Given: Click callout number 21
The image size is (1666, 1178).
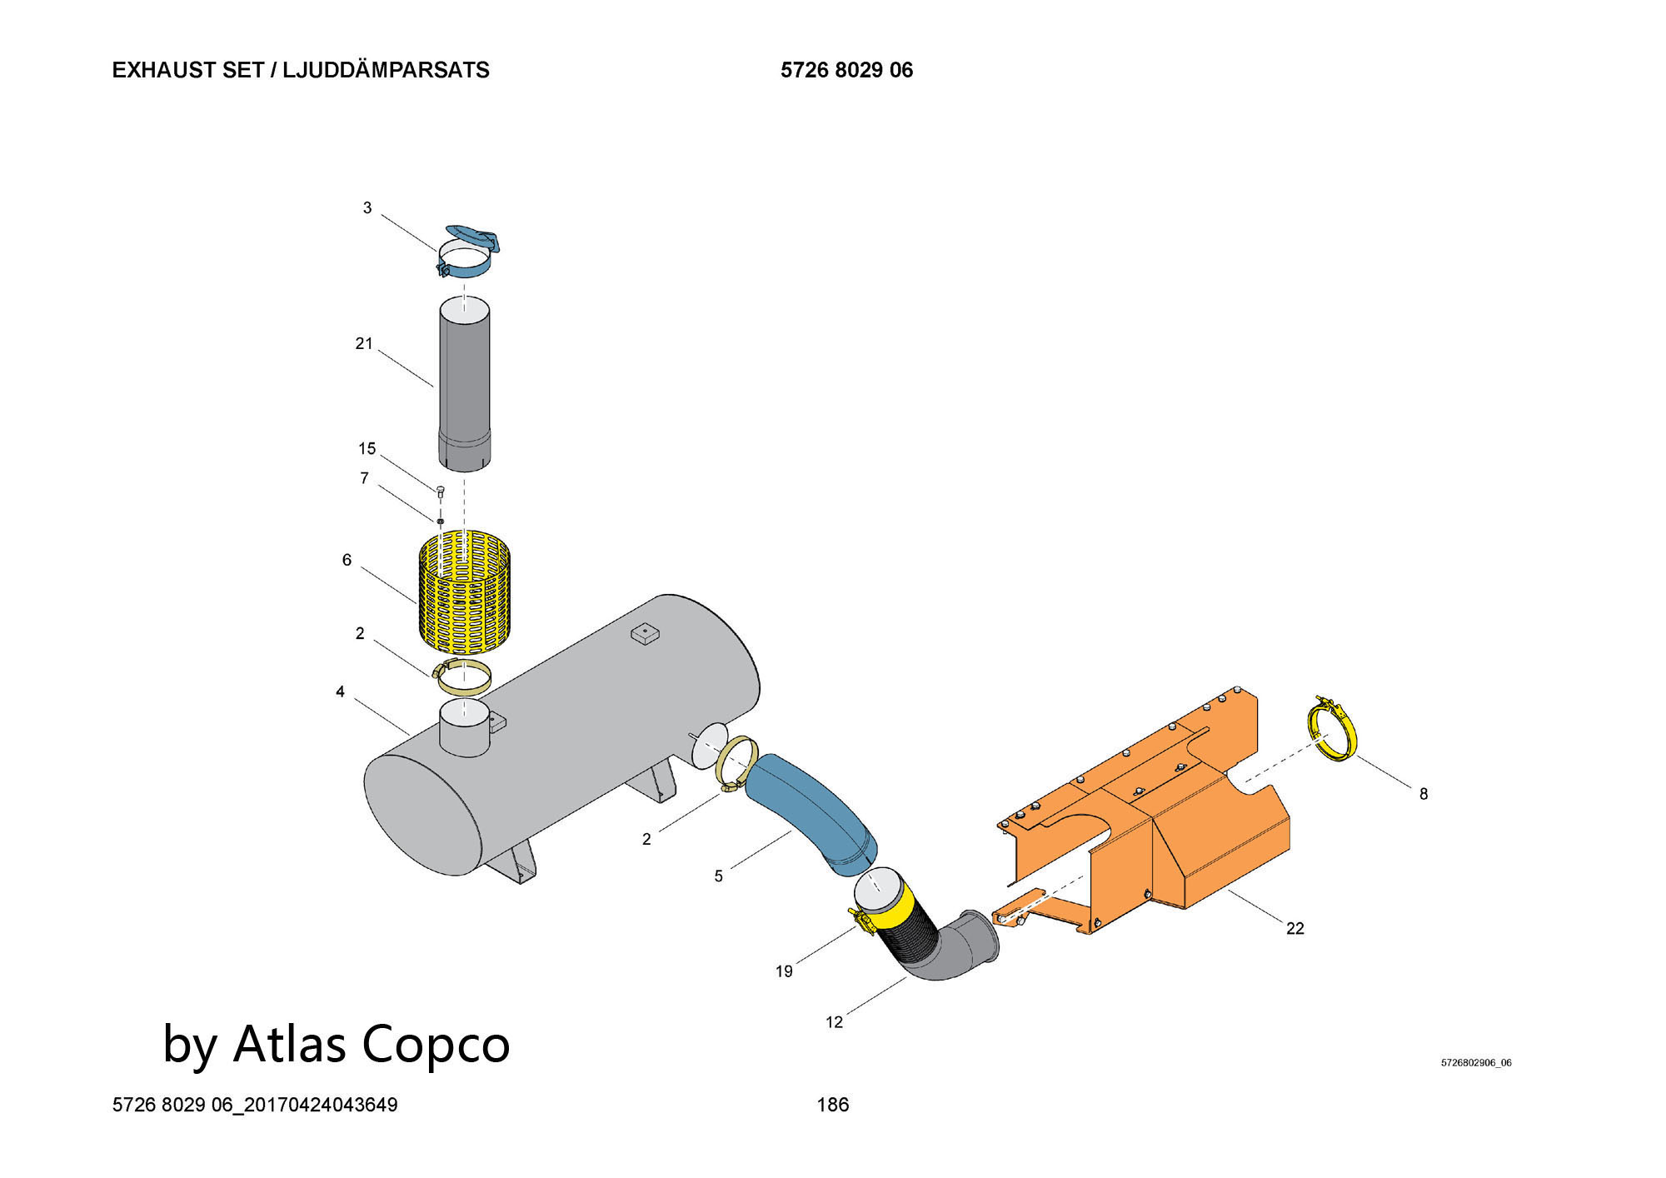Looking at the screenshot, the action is [x=364, y=343].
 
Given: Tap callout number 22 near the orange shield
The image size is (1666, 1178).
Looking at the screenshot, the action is [x=1294, y=928].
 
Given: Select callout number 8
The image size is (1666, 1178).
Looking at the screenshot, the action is [x=1424, y=794].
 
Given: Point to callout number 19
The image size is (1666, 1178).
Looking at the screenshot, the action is [x=784, y=971].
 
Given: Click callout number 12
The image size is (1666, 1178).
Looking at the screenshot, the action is [x=834, y=1022].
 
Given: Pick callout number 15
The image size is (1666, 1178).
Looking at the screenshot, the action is [x=367, y=449].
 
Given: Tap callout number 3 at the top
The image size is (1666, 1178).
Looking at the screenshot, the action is [x=367, y=207].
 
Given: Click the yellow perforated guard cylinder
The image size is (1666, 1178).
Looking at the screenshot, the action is [x=463, y=590].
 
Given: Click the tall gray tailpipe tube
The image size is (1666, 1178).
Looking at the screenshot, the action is [x=464, y=384].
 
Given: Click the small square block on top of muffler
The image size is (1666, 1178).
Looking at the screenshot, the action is [x=645, y=633].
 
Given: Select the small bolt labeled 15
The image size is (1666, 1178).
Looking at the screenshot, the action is [x=441, y=491].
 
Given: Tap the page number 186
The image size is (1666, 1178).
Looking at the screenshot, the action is [x=833, y=1105].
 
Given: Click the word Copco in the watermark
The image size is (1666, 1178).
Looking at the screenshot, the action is [x=436, y=1044].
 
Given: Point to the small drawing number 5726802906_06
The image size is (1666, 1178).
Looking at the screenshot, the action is [x=1476, y=1063].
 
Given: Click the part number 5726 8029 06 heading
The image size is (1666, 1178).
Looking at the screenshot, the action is [x=846, y=70].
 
